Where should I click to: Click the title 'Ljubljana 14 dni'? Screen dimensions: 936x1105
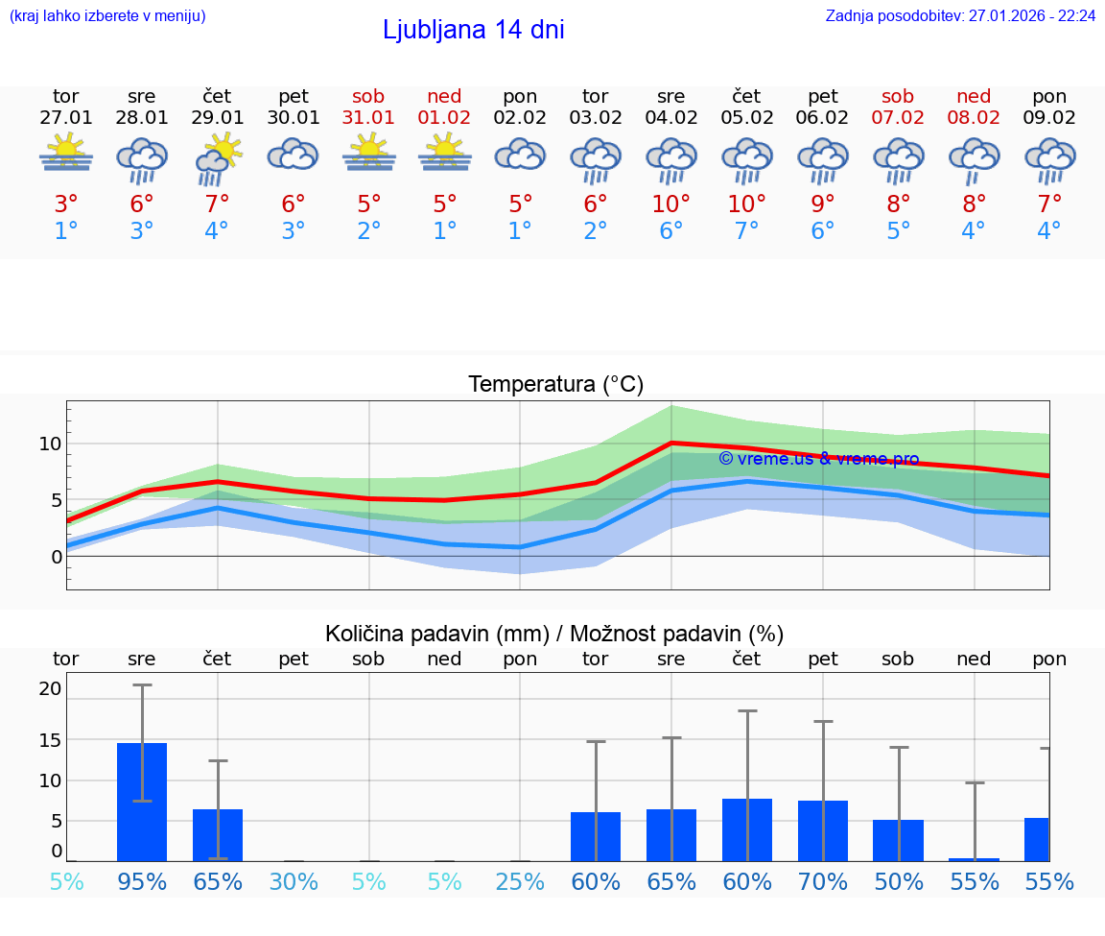[473, 30]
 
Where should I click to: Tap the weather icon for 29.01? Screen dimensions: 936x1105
[217, 158]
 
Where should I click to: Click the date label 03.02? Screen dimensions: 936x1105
[596, 118]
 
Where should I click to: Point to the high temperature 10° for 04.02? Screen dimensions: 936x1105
[670, 204]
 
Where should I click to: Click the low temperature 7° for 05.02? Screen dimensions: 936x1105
[746, 231]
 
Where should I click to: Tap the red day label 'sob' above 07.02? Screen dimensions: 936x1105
[898, 97]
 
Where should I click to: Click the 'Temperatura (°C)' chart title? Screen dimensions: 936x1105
[555, 385]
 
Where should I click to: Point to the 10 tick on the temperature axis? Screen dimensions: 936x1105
[50, 444]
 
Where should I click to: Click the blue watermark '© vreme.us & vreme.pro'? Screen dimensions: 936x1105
[818, 459]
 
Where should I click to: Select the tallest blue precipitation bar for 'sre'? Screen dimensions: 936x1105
[142, 802]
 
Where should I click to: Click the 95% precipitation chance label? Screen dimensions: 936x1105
[142, 881]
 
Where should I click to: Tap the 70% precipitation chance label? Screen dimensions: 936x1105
[823, 881]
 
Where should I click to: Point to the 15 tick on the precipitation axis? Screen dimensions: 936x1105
[50, 739]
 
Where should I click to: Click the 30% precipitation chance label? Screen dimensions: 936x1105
[294, 881]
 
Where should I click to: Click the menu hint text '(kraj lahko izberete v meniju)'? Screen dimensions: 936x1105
[107, 15]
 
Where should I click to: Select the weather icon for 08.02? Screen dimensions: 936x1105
[974, 158]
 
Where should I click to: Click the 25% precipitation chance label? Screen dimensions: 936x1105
[520, 881]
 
